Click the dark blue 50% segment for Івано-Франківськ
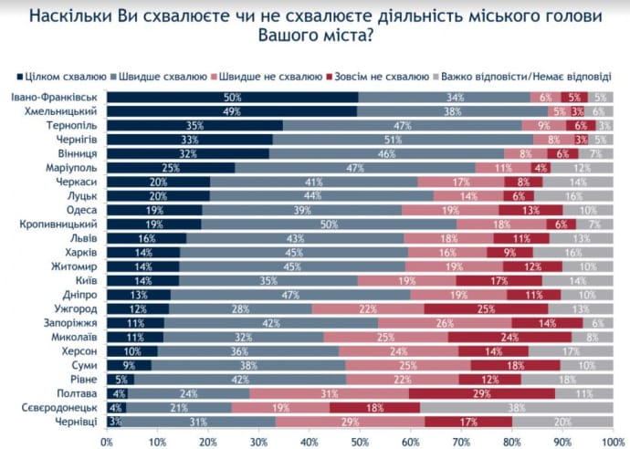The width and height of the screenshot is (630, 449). click(x=232, y=97)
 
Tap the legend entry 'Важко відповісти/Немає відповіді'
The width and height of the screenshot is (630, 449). click(x=530, y=76)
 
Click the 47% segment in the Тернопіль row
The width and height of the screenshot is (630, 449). click(x=402, y=125)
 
